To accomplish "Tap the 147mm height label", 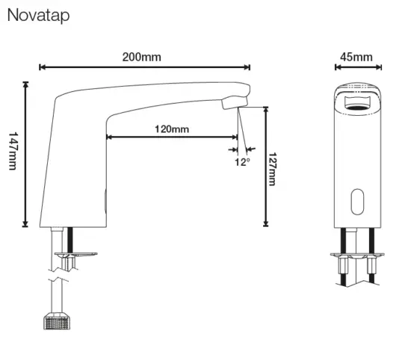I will coord(13,151).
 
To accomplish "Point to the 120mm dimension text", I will coord(172,128).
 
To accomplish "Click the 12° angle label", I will coord(242,161).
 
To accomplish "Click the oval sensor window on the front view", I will coord(356,199).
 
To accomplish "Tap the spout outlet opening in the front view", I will coord(356,99).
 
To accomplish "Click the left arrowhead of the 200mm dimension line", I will coord(42,68).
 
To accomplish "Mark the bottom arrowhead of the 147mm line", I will coord(26,223).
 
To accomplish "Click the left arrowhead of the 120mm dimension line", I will coord(111,137).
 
